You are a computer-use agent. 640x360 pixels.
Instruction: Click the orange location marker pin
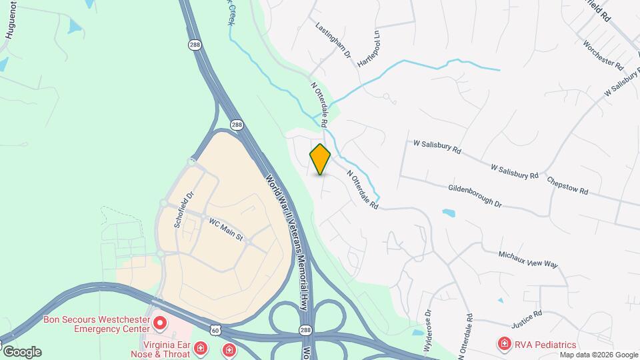(x=321, y=159)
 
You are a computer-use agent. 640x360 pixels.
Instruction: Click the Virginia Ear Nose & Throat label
(x=160, y=348)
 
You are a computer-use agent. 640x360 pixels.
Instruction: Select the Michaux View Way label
(x=528, y=259)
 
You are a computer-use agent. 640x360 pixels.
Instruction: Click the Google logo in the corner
(x=22, y=351)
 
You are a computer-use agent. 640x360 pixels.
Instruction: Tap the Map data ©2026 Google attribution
(x=599, y=355)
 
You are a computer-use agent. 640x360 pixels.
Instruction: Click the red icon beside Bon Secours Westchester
(x=160, y=324)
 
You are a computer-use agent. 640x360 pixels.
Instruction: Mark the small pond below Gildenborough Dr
(x=449, y=213)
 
